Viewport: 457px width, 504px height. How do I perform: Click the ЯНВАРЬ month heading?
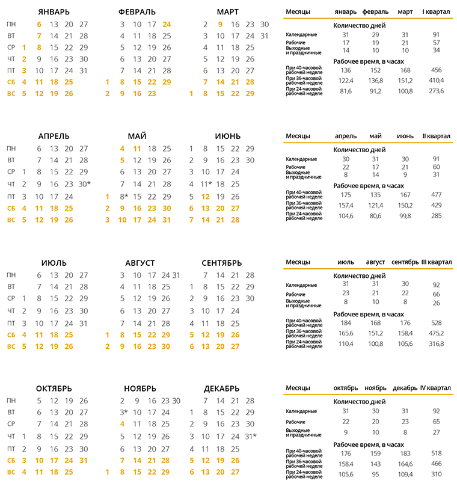tap(54, 11)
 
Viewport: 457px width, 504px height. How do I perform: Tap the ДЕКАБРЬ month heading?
tap(222, 388)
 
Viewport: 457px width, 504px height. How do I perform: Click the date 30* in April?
tap(85, 183)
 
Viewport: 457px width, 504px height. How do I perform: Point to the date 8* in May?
tap(124, 197)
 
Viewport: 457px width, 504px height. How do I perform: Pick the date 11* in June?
tap(207, 183)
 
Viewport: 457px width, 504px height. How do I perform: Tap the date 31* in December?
tap(251, 436)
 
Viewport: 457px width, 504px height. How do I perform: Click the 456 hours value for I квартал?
tap(436, 70)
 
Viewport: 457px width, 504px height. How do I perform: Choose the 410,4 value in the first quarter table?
tap(436, 81)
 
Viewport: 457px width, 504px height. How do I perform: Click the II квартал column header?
tap(436, 137)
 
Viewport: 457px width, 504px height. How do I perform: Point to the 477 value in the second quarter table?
tap(436, 195)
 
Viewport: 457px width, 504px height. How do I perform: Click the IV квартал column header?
tap(436, 387)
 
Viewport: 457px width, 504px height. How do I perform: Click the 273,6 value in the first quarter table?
tap(436, 91)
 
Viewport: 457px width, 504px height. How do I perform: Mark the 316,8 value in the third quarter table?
tap(436, 343)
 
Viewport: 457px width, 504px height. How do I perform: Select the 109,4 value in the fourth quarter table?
tap(406, 475)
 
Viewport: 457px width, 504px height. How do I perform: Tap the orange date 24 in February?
tap(167, 25)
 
